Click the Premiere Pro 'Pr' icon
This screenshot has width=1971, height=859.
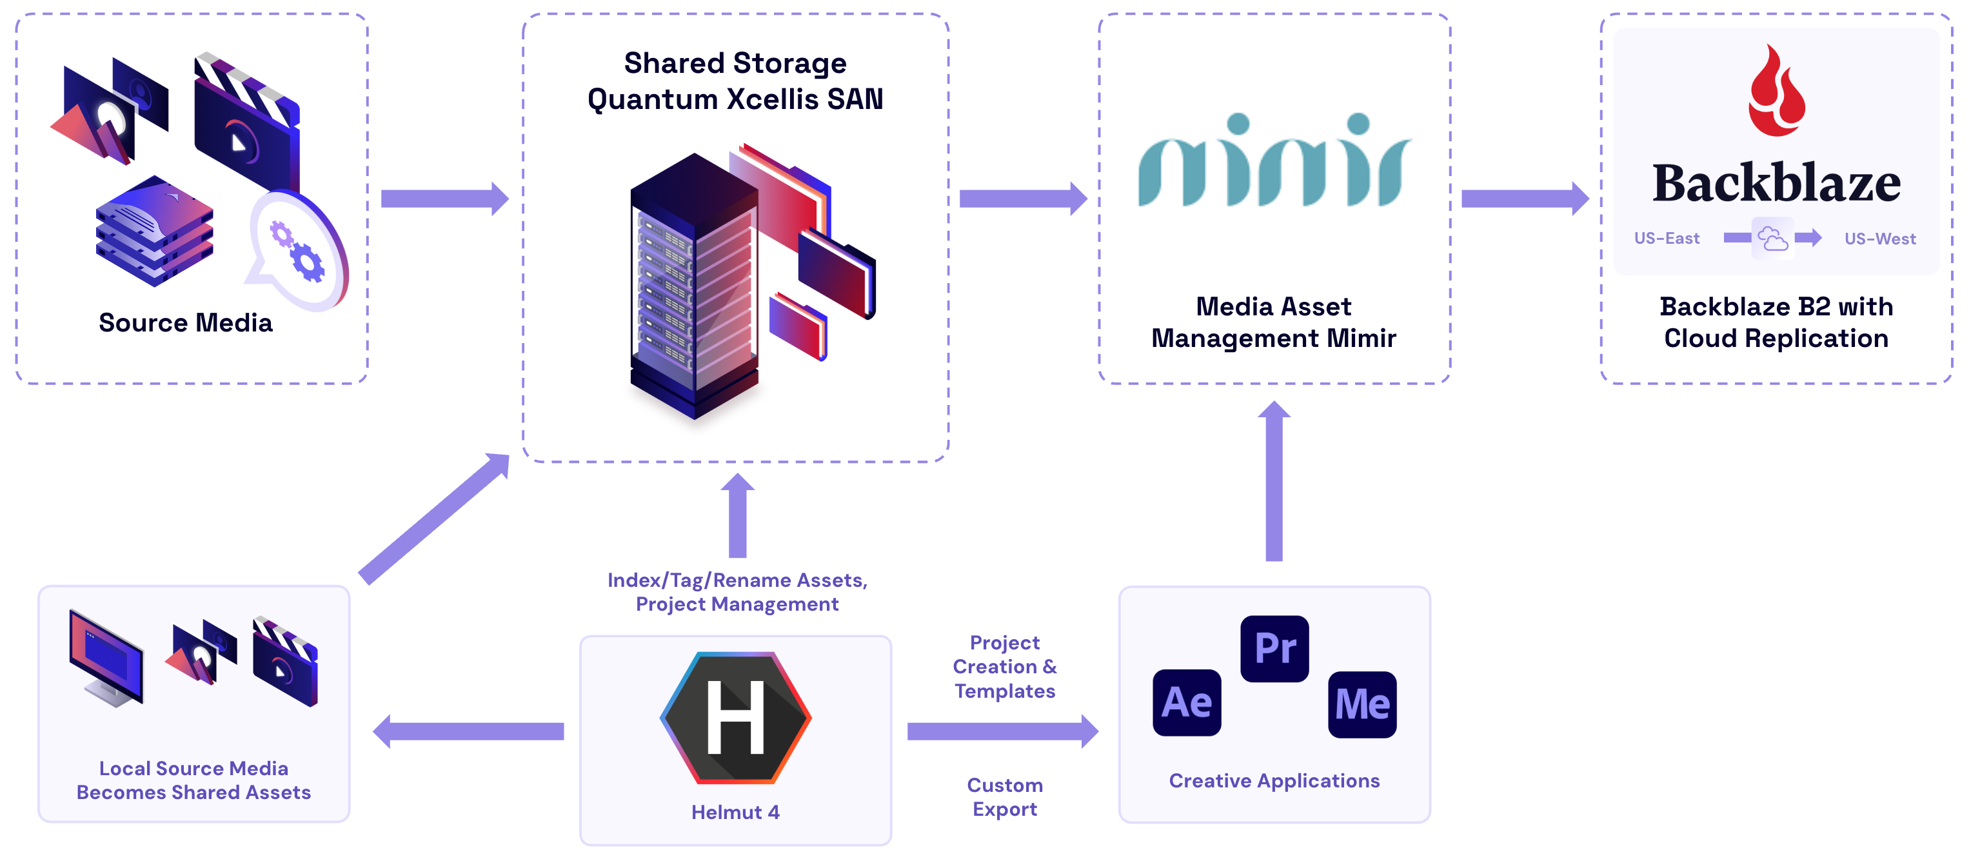tap(1274, 649)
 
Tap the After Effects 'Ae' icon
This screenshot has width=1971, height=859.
tap(1187, 702)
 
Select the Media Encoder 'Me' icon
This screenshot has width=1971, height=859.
tap(1362, 704)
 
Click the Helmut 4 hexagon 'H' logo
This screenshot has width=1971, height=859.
tap(735, 718)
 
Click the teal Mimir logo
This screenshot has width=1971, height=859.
tap(1274, 162)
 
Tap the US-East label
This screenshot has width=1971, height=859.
tap(1667, 239)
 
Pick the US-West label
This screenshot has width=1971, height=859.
tap(1880, 239)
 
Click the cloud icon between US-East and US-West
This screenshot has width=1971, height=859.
tap(1773, 239)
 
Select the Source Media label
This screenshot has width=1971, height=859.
tap(186, 323)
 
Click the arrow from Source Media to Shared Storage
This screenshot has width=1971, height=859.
tap(444, 199)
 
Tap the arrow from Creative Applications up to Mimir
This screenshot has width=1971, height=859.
tap(1274, 482)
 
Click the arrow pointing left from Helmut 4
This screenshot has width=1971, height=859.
tap(468, 731)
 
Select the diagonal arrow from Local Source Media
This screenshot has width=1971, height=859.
tap(433, 518)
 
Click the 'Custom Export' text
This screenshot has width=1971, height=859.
tap(1005, 797)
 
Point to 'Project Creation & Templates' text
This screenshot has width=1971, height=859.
tap(1005, 666)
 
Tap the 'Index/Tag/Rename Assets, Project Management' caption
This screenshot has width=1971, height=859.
tap(737, 592)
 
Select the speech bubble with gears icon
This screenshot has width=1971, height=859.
tap(299, 251)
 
